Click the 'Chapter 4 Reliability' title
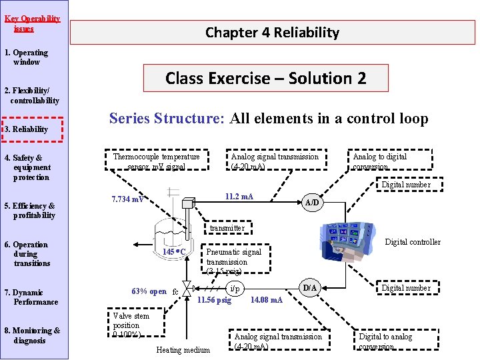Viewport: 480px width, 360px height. click(x=272, y=32)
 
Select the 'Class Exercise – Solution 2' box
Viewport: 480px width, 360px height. click(x=265, y=78)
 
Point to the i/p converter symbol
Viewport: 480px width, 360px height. click(x=233, y=289)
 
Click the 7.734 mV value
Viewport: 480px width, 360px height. click(x=128, y=199)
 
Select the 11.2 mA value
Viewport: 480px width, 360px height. click(x=239, y=197)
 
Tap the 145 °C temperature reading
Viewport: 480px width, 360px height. click(x=174, y=252)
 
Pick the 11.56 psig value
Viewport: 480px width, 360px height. click(x=214, y=300)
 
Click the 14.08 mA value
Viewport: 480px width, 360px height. click(x=266, y=300)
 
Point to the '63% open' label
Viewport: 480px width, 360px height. click(x=149, y=291)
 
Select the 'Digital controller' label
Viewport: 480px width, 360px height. click(x=413, y=242)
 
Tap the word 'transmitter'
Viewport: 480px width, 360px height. click(x=227, y=228)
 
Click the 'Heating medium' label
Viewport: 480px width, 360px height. click(x=183, y=350)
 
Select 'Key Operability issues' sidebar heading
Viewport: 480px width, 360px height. click(x=31, y=23)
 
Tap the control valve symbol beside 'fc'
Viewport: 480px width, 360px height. click(x=189, y=290)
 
